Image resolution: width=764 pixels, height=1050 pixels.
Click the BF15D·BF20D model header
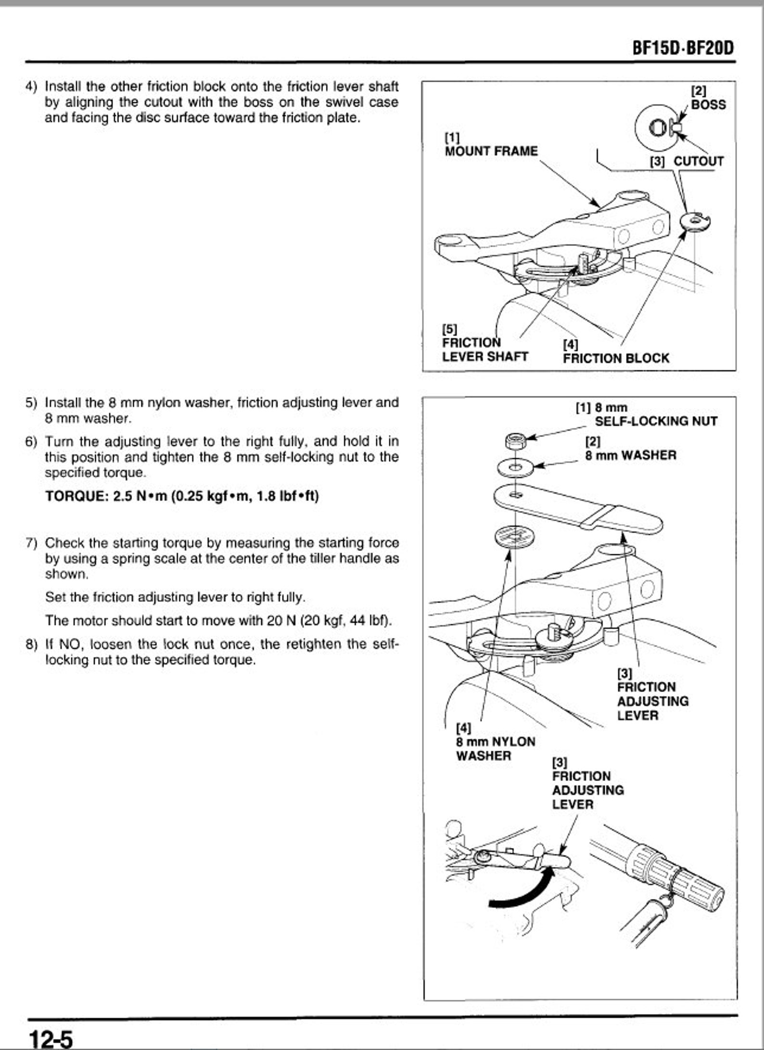[x=683, y=49]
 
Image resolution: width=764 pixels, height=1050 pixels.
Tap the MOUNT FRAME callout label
[x=491, y=151]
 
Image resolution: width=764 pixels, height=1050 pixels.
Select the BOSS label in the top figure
[x=708, y=104]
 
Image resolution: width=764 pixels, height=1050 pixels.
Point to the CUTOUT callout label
[x=698, y=161]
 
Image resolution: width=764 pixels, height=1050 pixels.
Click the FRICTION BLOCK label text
[x=616, y=358]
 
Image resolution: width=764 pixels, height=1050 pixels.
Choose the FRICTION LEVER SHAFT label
[x=484, y=349]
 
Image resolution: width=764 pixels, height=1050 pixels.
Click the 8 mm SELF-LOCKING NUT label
[x=655, y=421]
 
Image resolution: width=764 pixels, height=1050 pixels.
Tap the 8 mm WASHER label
[x=630, y=455]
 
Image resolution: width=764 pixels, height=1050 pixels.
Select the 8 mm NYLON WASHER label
[x=495, y=748]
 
